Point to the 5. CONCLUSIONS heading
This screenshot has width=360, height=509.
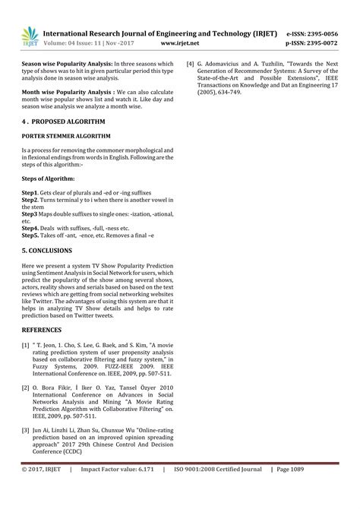tap(47, 250)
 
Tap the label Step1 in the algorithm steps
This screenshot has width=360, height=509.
tap(30, 193)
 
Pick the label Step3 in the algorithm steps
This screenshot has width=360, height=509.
tap(30, 214)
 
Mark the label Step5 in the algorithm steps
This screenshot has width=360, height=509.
tap(30, 236)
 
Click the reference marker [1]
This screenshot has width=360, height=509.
tap(26, 345)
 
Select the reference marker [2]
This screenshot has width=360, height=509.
tap(26, 387)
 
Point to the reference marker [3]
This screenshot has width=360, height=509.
tap(26, 430)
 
